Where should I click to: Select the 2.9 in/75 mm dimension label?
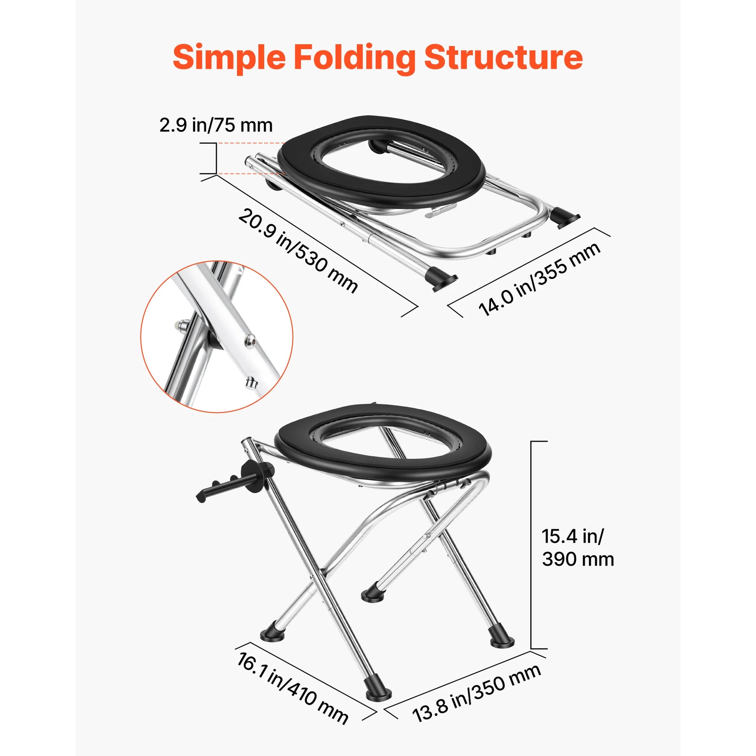tap(216, 125)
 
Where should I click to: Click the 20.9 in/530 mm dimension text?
tap(298, 251)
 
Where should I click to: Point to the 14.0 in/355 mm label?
tap(539, 279)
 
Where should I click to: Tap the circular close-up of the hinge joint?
tap(217, 336)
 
